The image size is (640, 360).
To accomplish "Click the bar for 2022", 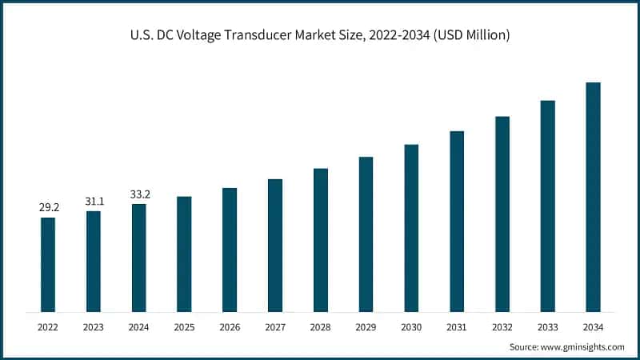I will [48, 264].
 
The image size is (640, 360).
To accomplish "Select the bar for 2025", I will [184, 254].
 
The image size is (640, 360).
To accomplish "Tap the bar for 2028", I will [320, 240].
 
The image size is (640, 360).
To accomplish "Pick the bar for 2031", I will [457, 221].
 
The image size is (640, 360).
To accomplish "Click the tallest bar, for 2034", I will [593, 197].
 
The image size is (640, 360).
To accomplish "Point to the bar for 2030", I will [411, 228].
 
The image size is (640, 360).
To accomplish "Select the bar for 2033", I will [547, 206].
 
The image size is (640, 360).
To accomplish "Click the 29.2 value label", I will [49, 207].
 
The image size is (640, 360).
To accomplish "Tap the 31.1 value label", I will [94, 201].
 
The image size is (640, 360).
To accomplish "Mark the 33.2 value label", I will [139, 194].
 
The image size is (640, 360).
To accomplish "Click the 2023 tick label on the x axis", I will [94, 327].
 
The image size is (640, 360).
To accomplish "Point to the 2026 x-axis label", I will [230, 327].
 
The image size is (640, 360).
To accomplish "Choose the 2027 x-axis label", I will [274, 327].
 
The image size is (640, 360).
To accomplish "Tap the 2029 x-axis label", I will [366, 327].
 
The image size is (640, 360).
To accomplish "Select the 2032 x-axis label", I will [502, 327].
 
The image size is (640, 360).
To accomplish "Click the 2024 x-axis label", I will [139, 327].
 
